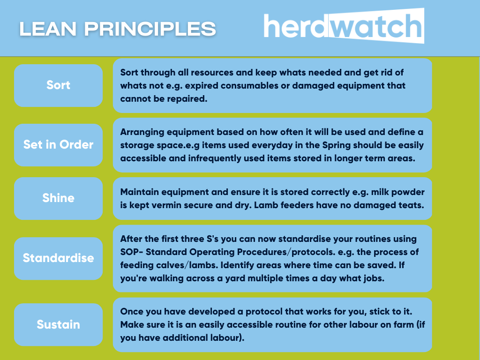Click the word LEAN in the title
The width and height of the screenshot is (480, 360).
[x=48, y=29]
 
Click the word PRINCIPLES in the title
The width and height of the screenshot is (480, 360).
[x=150, y=29]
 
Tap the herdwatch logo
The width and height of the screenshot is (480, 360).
[x=344, y=26]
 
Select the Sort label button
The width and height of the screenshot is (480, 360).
[x=58, y=85]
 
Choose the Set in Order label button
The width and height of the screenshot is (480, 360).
[x=58, y=145]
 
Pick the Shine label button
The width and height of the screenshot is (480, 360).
[x=58, y=198]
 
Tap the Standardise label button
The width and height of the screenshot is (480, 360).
[x=58, y=258]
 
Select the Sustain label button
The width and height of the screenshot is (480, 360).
[x=58, y=324]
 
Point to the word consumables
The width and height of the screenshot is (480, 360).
[x=249, y=85]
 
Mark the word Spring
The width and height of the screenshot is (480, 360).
[x=336, y=145]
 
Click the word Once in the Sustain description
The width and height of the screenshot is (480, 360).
[x=131, y=312]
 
